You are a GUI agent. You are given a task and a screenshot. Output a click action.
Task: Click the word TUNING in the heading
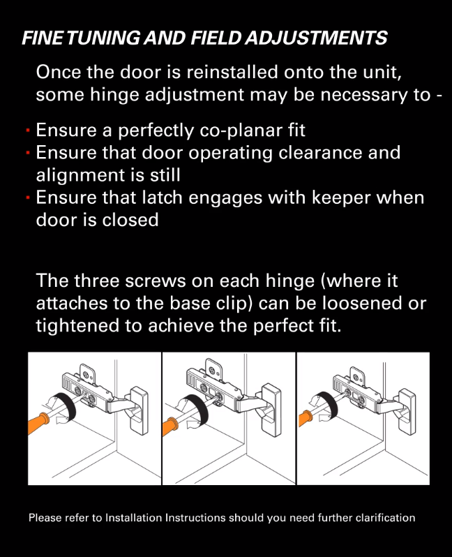click(103, 38)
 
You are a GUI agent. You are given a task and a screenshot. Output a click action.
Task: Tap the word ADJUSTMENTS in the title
click(316, 38)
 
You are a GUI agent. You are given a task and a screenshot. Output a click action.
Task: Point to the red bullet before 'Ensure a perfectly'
click(28, 131)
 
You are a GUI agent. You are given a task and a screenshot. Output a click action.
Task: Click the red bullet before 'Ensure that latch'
click(28, 198)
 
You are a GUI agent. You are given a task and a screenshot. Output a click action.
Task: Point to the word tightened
click(77, 326)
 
